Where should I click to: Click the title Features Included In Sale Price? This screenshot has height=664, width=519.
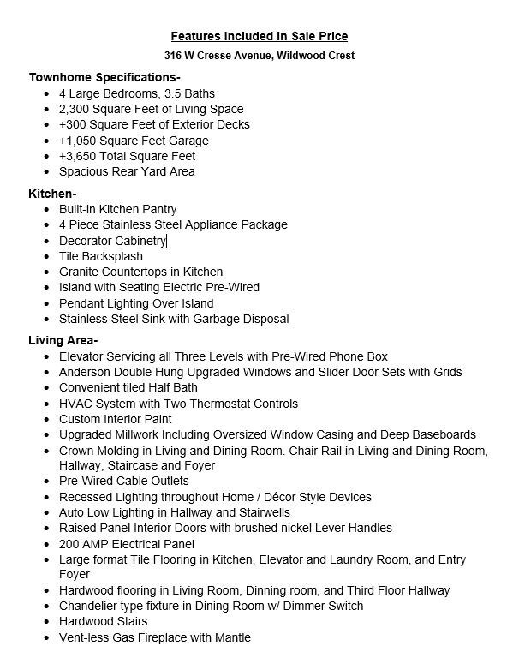coord(259,36)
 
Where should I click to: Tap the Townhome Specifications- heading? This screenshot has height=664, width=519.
coord(104,76)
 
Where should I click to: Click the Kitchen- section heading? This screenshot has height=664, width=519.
coord(52,194)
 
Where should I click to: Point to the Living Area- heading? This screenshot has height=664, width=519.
coord(63,340)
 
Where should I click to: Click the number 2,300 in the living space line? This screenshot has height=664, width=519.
coord(75,109)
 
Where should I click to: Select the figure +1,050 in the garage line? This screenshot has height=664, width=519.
coord(79,141)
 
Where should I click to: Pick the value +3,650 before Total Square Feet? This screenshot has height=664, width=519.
coord(79,156)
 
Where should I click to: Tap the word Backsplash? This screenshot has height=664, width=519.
coord(112,256)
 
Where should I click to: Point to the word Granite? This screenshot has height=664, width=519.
coord(81,272)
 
